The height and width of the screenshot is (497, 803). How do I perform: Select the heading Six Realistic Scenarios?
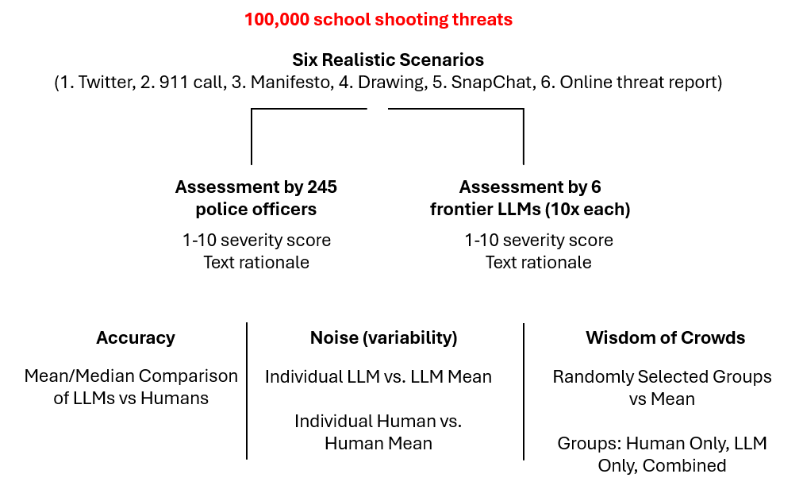pyautogui.click(x=388, y=60)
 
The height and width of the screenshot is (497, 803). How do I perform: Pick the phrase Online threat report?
pyautogui.click(x=638, y=83)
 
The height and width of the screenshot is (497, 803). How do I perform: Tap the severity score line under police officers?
pyautogui.click(x=256, y=240)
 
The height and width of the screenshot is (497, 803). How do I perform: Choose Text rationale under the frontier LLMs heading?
pyautogui.click(x=539, y=262)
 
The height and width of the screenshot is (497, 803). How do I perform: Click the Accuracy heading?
pyautogui.click(x=136, y=337)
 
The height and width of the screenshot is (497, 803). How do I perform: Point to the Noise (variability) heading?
pyautogui.click(x=384, y=337)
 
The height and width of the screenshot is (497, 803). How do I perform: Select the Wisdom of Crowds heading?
pyautogui.click(x=665, y=337)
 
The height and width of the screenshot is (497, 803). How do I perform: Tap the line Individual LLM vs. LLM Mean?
pyautogui.click(x=378, y=376)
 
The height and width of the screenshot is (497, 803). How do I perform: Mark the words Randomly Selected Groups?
pyautogui.click(x=662, y=376)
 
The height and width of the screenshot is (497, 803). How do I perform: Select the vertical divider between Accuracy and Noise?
pyautogui.click(x=248, y=391)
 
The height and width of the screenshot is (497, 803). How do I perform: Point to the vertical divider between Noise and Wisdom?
pyautogui.click(x=524, y=391)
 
